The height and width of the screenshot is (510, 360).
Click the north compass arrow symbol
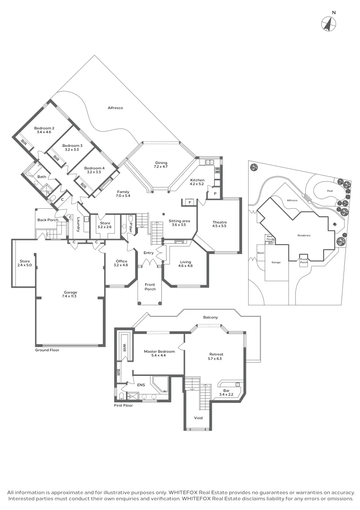tap(329, 24)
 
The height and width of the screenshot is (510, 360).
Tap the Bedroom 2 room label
tap(44, 130)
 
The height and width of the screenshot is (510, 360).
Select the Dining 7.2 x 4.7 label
tap(161, 165)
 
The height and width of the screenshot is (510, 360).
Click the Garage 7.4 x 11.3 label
tap(70, 295)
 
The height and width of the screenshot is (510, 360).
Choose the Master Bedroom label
tap(159, 354)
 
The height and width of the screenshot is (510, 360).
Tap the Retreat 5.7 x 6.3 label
tap(216, 356)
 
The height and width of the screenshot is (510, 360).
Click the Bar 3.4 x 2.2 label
tap(226, 393)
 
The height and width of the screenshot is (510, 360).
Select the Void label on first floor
tap(198, 418)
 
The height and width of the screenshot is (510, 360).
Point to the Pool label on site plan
tap(330, 191)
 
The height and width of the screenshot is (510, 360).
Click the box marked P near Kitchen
tap(215, 193)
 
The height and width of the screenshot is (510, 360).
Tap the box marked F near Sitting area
tap(189, 202)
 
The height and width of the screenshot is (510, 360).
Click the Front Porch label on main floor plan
tap(150, 287)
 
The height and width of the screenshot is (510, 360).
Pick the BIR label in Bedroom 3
tap(56, 159)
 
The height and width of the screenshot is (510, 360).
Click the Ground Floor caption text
tap(47, 350)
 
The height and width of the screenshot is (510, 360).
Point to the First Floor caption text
tap(124, 405)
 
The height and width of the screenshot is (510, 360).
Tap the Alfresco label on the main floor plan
tap(115, 108)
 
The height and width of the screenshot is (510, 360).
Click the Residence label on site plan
tap(303, 235)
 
